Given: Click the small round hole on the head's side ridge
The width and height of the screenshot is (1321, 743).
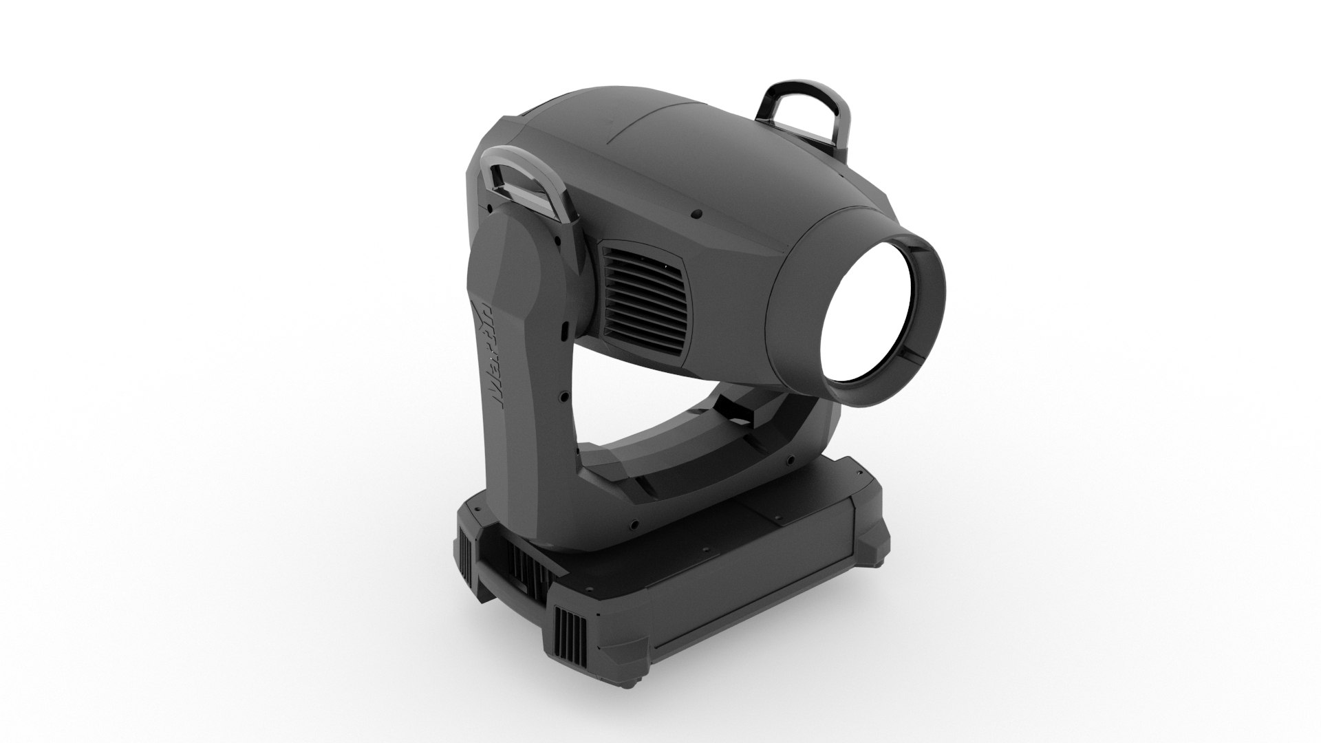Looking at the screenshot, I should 696,215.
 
